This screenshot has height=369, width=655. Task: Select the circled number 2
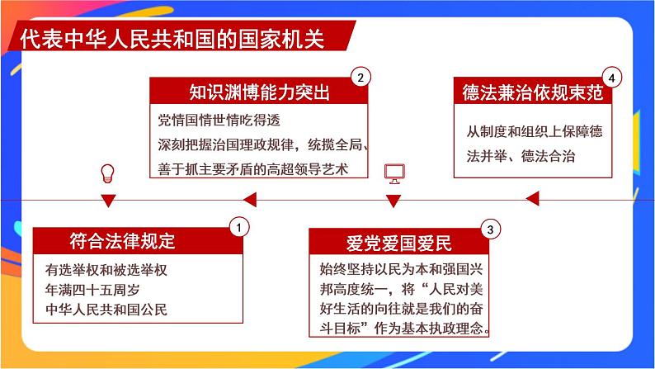(x=360, y=78)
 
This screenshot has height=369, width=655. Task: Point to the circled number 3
(x=490, y=229)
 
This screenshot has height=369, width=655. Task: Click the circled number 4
(x=610, y=78)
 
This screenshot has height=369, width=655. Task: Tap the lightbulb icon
(x=106, y=173)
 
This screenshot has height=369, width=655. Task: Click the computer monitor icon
(x=394, y=173)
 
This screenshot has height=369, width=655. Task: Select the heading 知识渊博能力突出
(x=259, y=92)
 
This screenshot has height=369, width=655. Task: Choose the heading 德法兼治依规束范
(x=533, y=92)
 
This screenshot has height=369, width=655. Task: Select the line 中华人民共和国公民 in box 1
(x=107, y=310)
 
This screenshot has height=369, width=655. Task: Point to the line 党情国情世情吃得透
(x=210, y=121)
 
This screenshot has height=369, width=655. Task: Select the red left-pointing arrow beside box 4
(x=533, y=197)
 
